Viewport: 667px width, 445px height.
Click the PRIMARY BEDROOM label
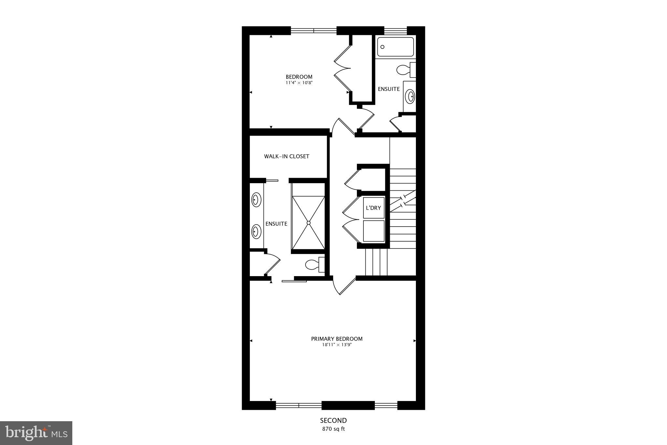tap(336, 339)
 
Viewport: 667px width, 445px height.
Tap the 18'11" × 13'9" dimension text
tap(336, 345)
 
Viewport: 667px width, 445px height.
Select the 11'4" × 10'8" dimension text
tap(299, 83)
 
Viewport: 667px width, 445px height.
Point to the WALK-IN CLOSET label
tap(287, 156)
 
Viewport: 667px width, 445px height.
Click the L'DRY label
tap(373, 208)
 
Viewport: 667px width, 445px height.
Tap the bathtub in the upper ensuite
tap(395, 47)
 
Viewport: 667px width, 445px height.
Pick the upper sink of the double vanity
tap(256, 200)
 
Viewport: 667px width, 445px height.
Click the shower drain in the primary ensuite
tap(308, 223)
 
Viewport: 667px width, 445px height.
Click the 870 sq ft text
tap(333, 429)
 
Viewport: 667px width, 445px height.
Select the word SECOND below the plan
tap(333, 421)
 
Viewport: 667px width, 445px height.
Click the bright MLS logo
tap(36, 433)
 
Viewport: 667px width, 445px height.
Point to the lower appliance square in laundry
tap(374, 231)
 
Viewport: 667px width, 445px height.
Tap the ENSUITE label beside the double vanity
tap(276, 224)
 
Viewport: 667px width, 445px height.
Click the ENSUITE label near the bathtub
tap(389, 89)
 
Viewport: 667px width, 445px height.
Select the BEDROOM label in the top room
tap(299, 77)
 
